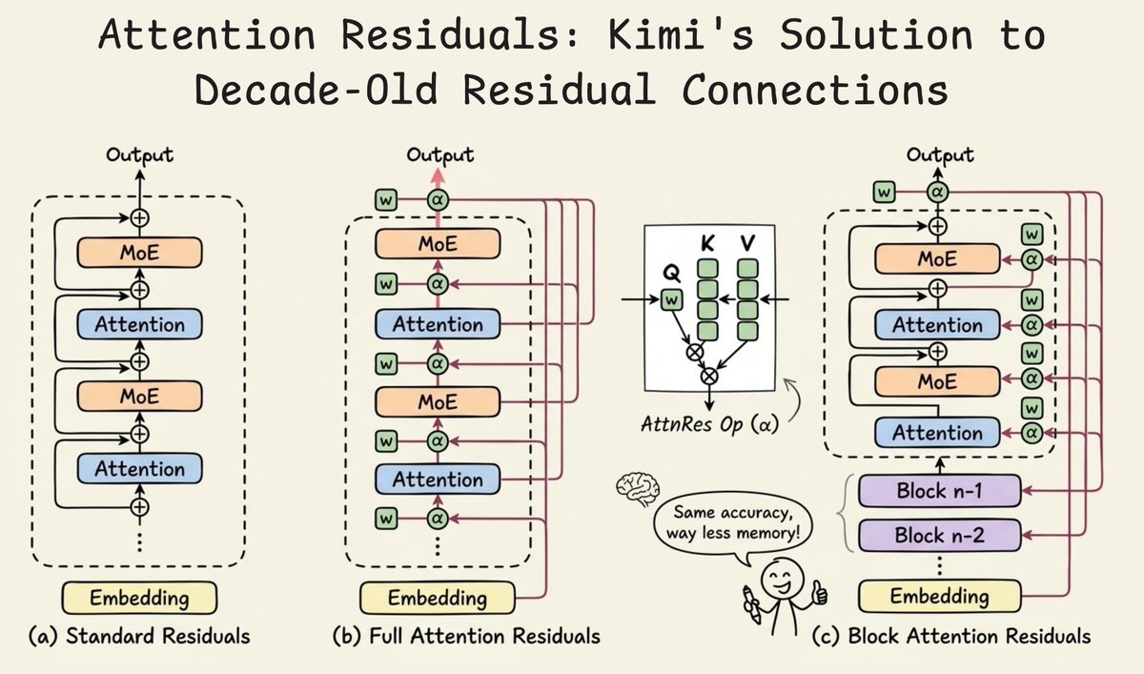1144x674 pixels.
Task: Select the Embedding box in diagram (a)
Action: click(139, 598)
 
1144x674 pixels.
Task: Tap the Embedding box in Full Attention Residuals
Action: click(437, 599)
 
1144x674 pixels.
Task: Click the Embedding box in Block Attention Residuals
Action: click(938, 597)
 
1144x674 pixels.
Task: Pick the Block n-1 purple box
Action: click(938, 492)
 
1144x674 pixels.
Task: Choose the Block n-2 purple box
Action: click(938, 535)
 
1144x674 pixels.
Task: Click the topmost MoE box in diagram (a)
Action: click(140, 252)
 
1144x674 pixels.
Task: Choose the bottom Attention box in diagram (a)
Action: click(140, 468)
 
